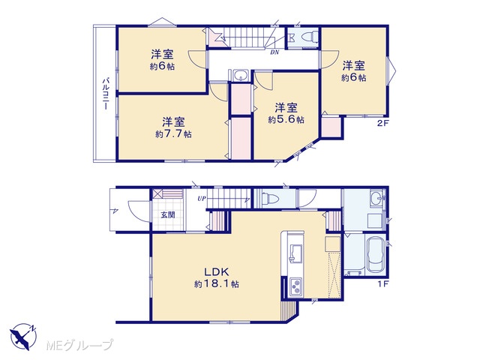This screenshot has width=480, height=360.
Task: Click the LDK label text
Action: (x=217, y=271)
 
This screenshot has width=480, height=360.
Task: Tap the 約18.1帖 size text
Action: (x=217, y=284)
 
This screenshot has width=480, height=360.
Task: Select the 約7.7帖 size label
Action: (x=173, y=134)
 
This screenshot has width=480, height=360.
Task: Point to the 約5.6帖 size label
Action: (x=286, y=120)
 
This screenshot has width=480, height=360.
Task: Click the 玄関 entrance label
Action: (x=168, y=215)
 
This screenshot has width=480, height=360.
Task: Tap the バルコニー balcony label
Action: (x=106, y=94)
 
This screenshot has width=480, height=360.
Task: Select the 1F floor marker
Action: (x=382, y=283)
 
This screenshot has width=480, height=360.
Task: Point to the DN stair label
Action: (x=274, y=52)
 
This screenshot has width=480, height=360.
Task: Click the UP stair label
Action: (x=202, y=199)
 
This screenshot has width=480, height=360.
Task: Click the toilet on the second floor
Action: (x=310, y=37)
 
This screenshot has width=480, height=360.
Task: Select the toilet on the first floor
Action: (x=270, y=199)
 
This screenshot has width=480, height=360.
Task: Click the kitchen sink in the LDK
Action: (x=295, y=253)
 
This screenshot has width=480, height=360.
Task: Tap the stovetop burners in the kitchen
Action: (x=295, y=288)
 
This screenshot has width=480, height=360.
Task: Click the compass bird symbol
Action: (x=22, y=337)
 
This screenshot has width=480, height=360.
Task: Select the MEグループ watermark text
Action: (x=79, y=346)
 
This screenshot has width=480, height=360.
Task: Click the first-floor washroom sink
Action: (x=376, y=198)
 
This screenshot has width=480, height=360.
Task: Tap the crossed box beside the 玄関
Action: (x=158, y=194)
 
